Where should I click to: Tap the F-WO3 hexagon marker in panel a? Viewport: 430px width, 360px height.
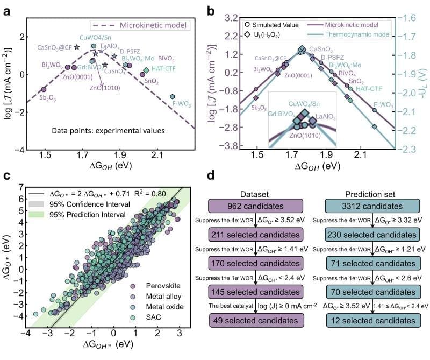[x=173, y=96]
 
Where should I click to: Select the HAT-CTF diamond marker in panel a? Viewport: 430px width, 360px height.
[x=146, y=70]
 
